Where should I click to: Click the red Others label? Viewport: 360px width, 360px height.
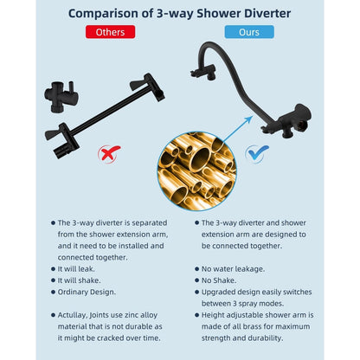point(111,32)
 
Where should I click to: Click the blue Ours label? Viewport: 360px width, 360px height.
point(249,32)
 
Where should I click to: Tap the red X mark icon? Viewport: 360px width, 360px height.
point(109,155)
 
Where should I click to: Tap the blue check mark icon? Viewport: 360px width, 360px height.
point(257,154)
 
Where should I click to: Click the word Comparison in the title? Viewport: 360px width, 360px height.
point(111,12)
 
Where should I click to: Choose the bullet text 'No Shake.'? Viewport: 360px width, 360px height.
point(221,280)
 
